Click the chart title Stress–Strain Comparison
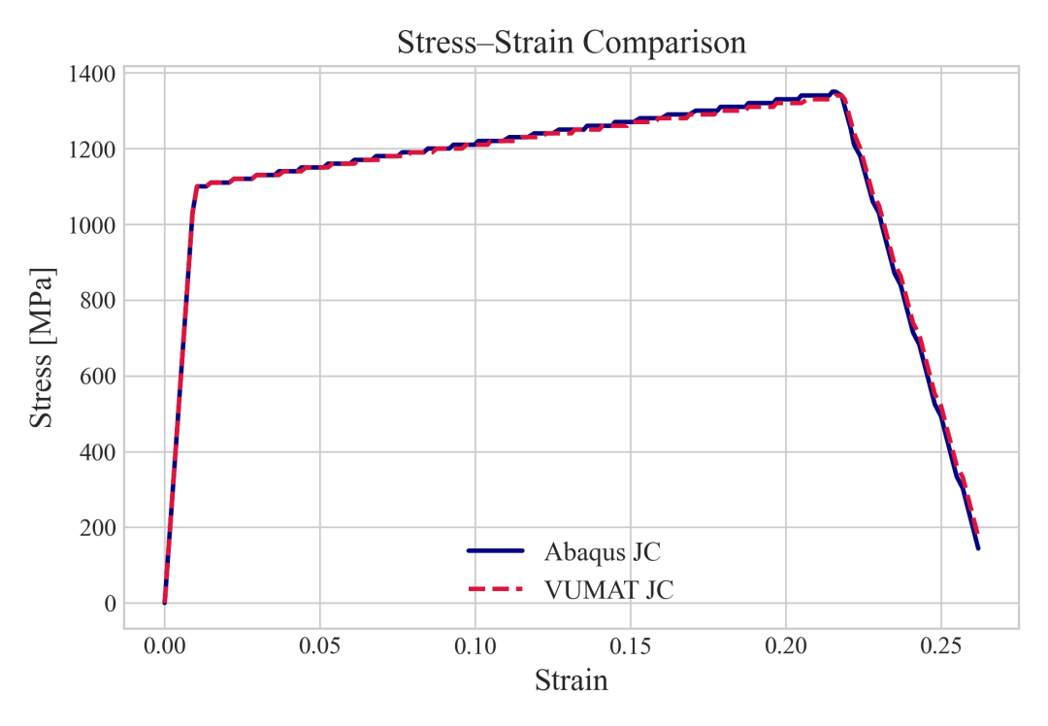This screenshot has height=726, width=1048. click(572, 43)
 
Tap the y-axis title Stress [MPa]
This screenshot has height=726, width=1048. click(42, 347)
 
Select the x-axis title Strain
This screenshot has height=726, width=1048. click(572, 680)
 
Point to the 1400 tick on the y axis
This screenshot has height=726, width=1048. click(91, 74)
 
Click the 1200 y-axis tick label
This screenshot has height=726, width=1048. click(91, 149)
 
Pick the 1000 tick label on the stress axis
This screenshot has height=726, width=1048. click(91, 224)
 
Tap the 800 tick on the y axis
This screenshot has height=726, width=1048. click(98, 300)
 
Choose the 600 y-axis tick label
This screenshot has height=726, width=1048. click(98, 376)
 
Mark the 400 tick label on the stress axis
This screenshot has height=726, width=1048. click(98, 452)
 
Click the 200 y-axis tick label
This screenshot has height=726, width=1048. click(98, 527)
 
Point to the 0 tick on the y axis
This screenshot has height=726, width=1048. click(110, 603)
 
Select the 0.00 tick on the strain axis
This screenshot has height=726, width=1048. click(164, 645)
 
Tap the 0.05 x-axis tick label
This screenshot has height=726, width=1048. click(319, 645)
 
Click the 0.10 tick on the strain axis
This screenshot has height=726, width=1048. click(475, 645)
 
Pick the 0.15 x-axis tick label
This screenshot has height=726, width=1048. click(631, 645)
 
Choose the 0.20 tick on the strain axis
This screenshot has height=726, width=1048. click(785, 645)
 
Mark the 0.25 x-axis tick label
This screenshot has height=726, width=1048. click(941, 645)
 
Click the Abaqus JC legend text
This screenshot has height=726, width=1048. click(603, 552)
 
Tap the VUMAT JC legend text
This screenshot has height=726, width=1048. click(608, 589)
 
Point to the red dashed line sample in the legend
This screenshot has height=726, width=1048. click(495, 589)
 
